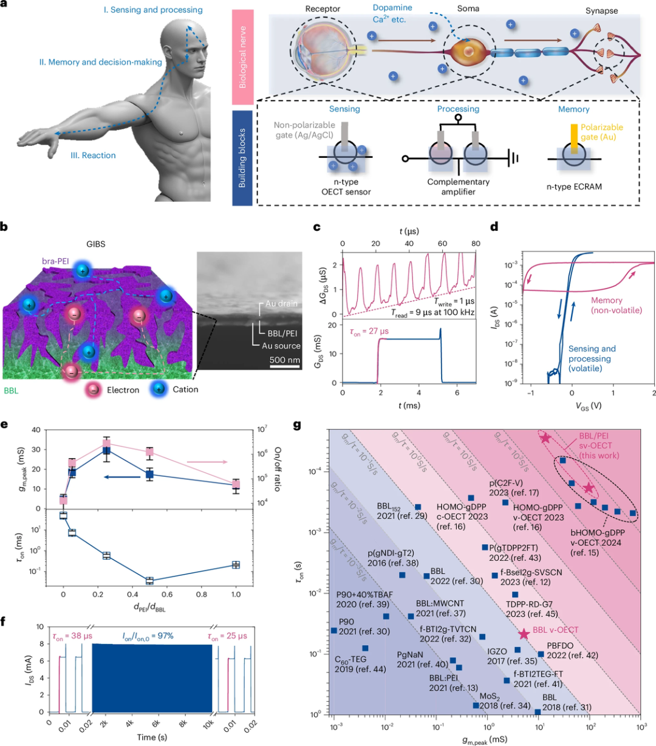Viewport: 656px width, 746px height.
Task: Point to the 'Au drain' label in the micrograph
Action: click(282, 304)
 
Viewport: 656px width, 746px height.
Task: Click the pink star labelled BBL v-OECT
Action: click(524, 634)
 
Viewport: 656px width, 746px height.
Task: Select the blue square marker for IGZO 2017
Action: click(518, 650)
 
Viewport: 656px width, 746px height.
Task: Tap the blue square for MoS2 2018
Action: click(476, 705)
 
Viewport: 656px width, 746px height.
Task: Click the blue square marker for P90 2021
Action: click(334, 631)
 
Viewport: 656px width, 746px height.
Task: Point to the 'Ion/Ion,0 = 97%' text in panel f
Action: click(148, 636)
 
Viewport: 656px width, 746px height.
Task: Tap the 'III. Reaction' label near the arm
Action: click(93, 156)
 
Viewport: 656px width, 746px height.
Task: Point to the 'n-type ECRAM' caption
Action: click(572, 187)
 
